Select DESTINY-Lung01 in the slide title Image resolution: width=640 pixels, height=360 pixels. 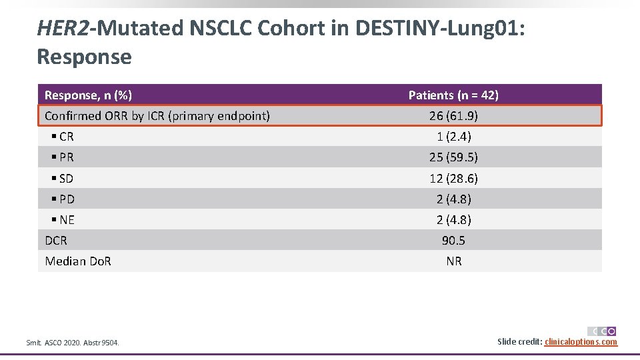pyautogui.click(x=440, y=28)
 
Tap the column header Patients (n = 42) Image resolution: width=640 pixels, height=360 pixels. pyautogui.click(x=453, y=95)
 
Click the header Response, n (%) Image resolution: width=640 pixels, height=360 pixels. pyautogui.click(x=88, y=95)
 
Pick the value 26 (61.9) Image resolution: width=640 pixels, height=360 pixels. pyautogui.click(x=453, y=116)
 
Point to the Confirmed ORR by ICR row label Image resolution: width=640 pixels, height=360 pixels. pyautogui.click(x=157, y=116)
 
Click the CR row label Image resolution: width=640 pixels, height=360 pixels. pyautogui.click(x=66, y=137)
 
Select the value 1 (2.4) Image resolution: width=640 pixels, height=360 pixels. pyautogui.click(x=453, y=137)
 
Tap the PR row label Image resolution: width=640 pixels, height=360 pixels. pyautogui.click(x=66, y=157)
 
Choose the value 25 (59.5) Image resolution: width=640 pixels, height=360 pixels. pyautogui.click(x=453, y=157)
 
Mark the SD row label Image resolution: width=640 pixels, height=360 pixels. pyautogui.click(x=66, y=179)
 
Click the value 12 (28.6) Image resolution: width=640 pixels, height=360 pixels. pyautogui.click(x=453, y=179)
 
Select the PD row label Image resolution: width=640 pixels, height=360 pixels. pyautogui.click(x=66, y=199)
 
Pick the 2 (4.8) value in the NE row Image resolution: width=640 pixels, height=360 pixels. pyautogui.click(x=453, y=220)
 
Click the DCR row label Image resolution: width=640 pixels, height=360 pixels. pyautogui.click(x=56, y=241)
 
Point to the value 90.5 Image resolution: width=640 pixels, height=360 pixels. pyautogui.click(x=453, y=241)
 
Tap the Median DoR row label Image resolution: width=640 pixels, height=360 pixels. pyautogui.click(x=78, y=261)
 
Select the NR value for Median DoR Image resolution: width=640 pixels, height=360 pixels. pyautogui.click(x=453, y=261)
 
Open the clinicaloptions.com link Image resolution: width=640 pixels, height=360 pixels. pyautogui.click(x=581, y=342)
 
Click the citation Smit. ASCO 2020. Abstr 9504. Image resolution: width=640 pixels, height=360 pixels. pyautogui.click(x=73, y=343)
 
